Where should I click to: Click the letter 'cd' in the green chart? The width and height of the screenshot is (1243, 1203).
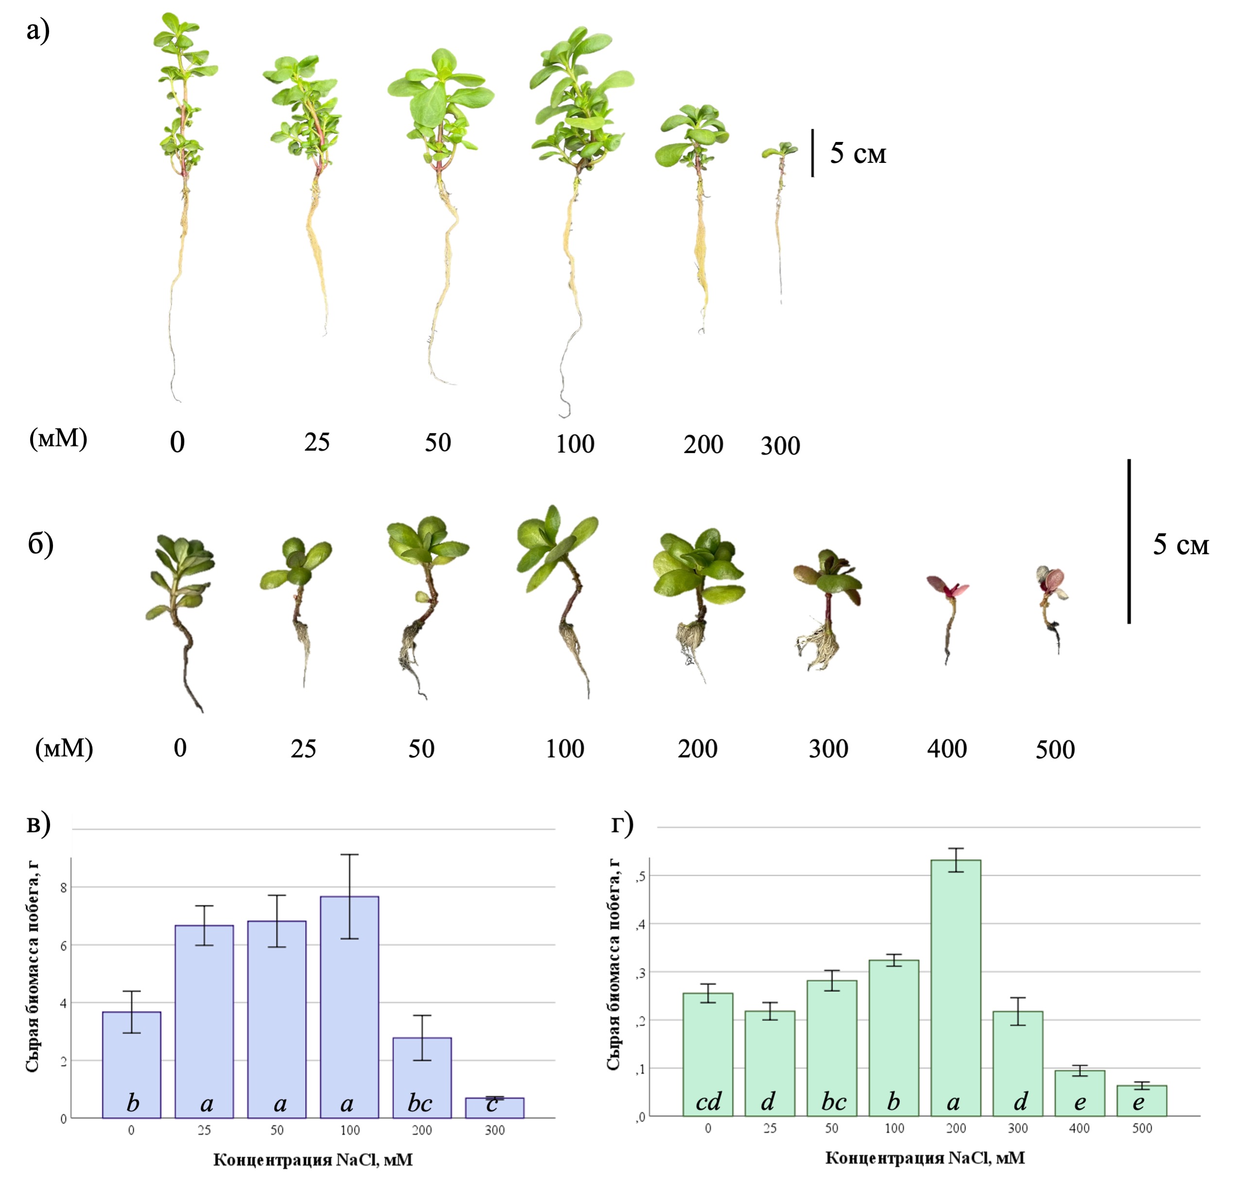pyautogui.click(x=708, y=1102)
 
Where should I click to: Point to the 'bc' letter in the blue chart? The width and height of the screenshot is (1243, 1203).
pyautogui.click(x=420, y=1103)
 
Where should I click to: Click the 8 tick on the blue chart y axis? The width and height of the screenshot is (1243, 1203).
pyautogui.click(x=63, y=887)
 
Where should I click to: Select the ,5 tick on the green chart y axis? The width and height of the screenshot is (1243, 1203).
pyautogui.click(x=641, y=876)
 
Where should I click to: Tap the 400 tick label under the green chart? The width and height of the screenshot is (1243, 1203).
pyautogui.click(x=1079, y=1128)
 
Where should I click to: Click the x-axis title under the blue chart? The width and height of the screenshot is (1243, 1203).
pyautogui.click(x=313, y=1160)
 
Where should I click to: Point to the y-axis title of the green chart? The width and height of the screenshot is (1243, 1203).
pyautogui.click(x=613, y=964)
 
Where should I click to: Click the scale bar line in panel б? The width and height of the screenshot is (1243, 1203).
pyautogui.click(x=1129, y=541)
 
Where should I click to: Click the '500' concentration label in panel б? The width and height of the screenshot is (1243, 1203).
pyautogui.click(x=1055, y=750)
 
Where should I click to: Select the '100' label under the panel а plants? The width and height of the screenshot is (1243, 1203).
pyautogui.click(x=575, y=444)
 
